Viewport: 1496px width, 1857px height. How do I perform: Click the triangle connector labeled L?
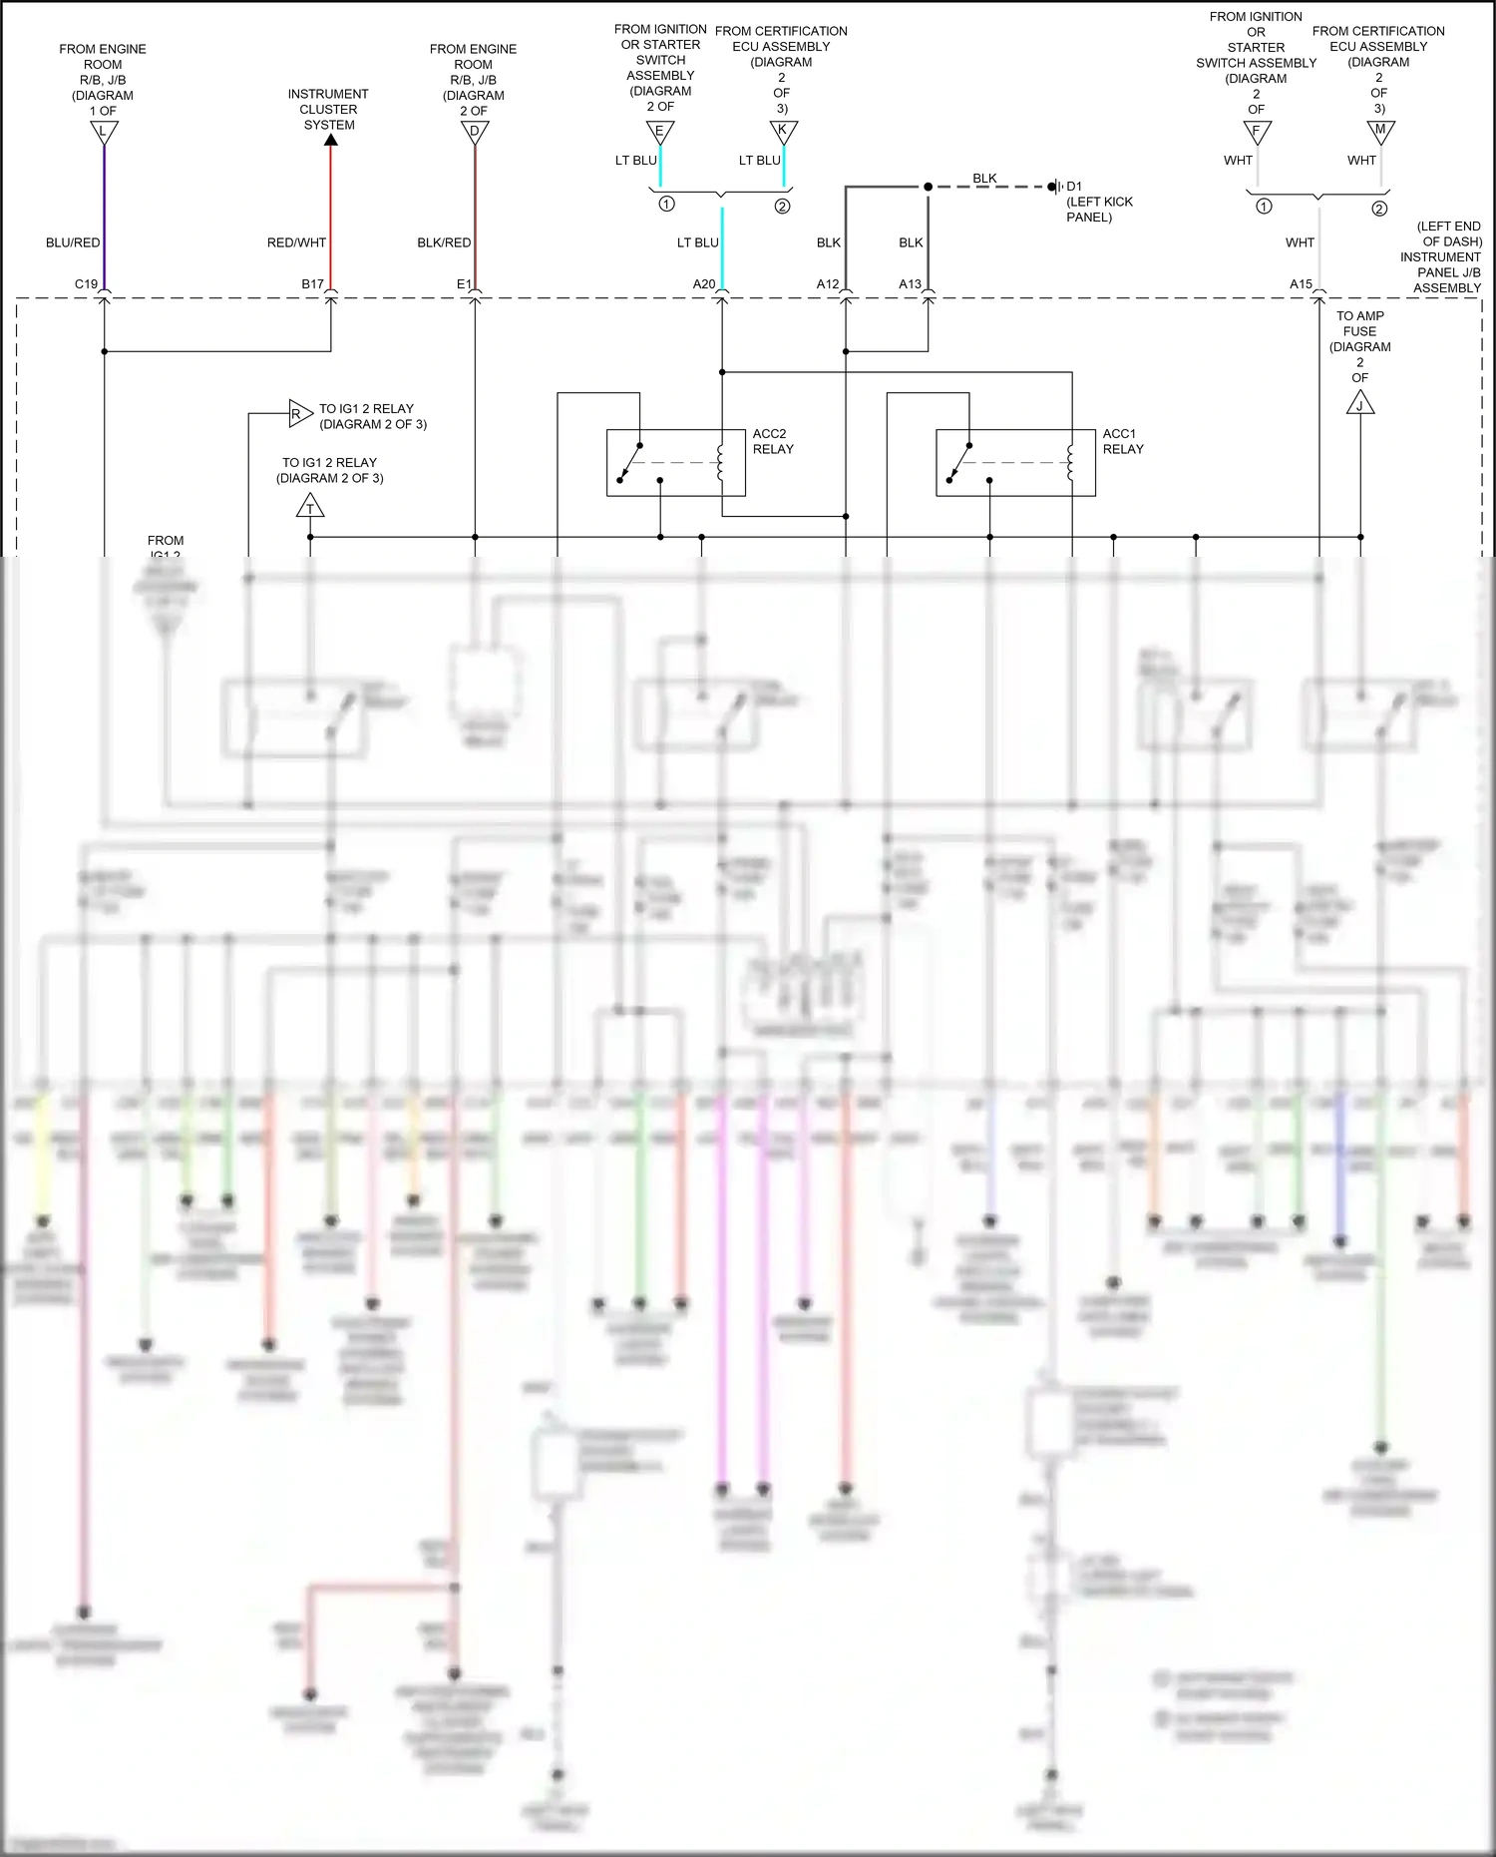tap(104, 132)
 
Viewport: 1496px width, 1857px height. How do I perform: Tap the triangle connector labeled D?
tap(475, 132)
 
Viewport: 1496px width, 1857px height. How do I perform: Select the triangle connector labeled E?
tap(660, 132)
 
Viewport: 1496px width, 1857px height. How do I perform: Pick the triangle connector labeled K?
tap(784, 131)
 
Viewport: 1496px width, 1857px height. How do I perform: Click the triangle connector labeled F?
tap(1258, 132)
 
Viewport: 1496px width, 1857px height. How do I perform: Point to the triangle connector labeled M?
tap(1380, 131)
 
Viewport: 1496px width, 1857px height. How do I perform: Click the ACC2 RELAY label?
tap(773, 441)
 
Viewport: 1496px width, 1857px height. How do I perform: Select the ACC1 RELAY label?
tap(1123, 441)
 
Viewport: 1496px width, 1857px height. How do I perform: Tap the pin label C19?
tap(86, 284)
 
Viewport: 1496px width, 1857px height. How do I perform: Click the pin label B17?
tap(313, 284)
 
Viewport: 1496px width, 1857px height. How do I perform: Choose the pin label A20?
tap(704, 284)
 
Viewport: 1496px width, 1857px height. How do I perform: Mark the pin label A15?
tap(1301, 284)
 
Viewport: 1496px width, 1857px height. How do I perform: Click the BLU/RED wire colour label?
tap(73, 242)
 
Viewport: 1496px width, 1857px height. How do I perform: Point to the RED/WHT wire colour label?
tap(296, 242)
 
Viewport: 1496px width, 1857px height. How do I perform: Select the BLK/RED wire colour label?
tap(444, 242)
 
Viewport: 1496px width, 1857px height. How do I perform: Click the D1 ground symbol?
tap(1057, 187)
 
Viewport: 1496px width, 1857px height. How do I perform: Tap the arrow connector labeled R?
tap(299, 413)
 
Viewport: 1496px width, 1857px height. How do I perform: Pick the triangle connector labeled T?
tap(310, 507)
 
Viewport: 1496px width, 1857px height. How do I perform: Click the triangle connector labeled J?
tap(1360, 404)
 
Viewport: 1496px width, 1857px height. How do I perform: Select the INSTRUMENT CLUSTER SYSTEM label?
tap(328, 110)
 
